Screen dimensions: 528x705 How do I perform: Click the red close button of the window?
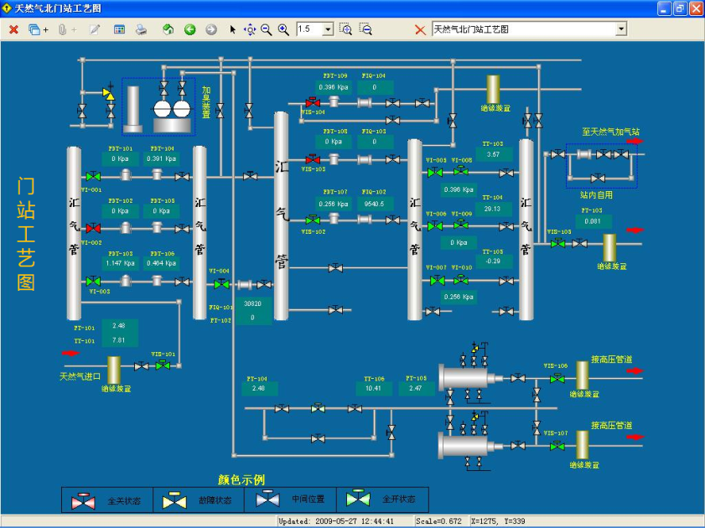click(695, 8)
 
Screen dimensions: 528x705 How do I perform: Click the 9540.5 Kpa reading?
click(374, 204)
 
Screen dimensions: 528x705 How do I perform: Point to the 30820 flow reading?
click(252, 304)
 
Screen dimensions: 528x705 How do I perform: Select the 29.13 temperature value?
click(493, 209)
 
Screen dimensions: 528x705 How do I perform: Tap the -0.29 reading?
click(493, 261)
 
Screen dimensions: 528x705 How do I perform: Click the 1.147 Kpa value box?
click(119, 263)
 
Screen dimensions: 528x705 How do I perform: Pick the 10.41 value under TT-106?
click(374, 388)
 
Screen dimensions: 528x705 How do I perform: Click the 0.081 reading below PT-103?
click(592, 221)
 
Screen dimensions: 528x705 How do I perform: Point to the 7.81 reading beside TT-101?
click(118, 340)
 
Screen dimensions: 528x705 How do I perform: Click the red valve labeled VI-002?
click(93, 228)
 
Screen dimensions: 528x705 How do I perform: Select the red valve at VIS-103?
click(313, 158)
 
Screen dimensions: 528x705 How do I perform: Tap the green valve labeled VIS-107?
click(557, 446)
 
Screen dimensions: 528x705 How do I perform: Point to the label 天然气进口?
click(80, 375)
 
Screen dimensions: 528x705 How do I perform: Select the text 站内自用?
click(597, 194)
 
